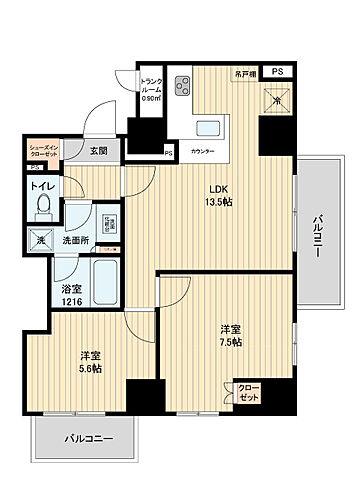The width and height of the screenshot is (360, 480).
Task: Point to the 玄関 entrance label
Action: [x=97, y=151]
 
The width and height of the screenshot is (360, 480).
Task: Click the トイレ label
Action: [x=42, y=186]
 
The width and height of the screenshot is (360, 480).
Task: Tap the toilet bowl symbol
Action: [x=43, y=208]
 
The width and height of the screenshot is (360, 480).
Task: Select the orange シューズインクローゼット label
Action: [x=44, y=149]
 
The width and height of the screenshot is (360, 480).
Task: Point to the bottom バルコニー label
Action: [x=90, y=438]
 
